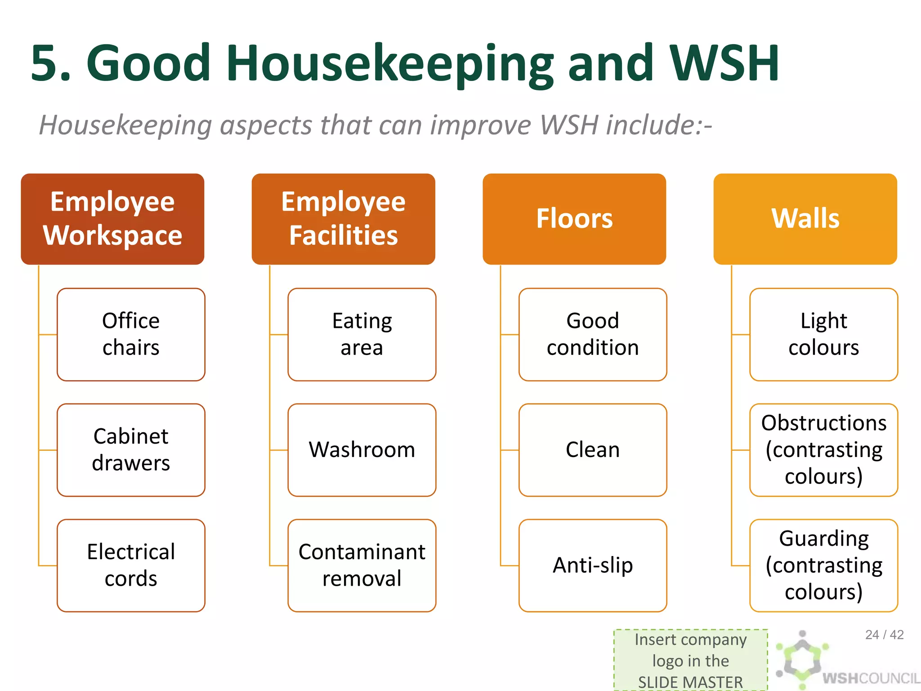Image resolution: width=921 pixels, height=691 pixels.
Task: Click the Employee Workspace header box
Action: [x=112, y=219]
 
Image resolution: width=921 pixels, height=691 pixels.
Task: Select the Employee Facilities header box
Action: [x=343, y=219]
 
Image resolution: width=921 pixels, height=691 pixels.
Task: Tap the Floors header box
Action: [x=574, y=219]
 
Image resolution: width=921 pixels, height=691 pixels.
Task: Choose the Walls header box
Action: [x=805, y=219]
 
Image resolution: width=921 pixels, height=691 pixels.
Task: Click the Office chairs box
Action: [x=131, y=335]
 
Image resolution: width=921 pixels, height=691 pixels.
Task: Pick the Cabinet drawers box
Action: [x=131, y=450]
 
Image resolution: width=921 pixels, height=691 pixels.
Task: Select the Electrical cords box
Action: [x=131, y=565]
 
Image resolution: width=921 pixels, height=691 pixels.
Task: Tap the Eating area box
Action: [x=362, y=335]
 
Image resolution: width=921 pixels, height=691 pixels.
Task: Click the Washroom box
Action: [x=362, y=450]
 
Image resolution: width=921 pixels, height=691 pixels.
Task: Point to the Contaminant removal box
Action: [x=362, y=565]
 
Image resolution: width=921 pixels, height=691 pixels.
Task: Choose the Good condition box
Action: [x=593, y=335]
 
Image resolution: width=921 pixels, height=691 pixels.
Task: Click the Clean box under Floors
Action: [x=593, y=450]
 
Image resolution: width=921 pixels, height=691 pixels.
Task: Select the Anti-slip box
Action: [x=593, y=565]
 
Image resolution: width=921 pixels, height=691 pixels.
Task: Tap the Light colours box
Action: [x=823, y=335]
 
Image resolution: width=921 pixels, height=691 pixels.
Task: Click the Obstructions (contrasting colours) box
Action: [x=823, y=450]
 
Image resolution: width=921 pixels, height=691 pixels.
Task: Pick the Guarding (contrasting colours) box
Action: [x=823, y=565]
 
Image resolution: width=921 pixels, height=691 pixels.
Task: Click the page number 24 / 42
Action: [x=884, y=635]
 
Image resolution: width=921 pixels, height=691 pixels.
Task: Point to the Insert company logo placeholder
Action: [x=690, y=660]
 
